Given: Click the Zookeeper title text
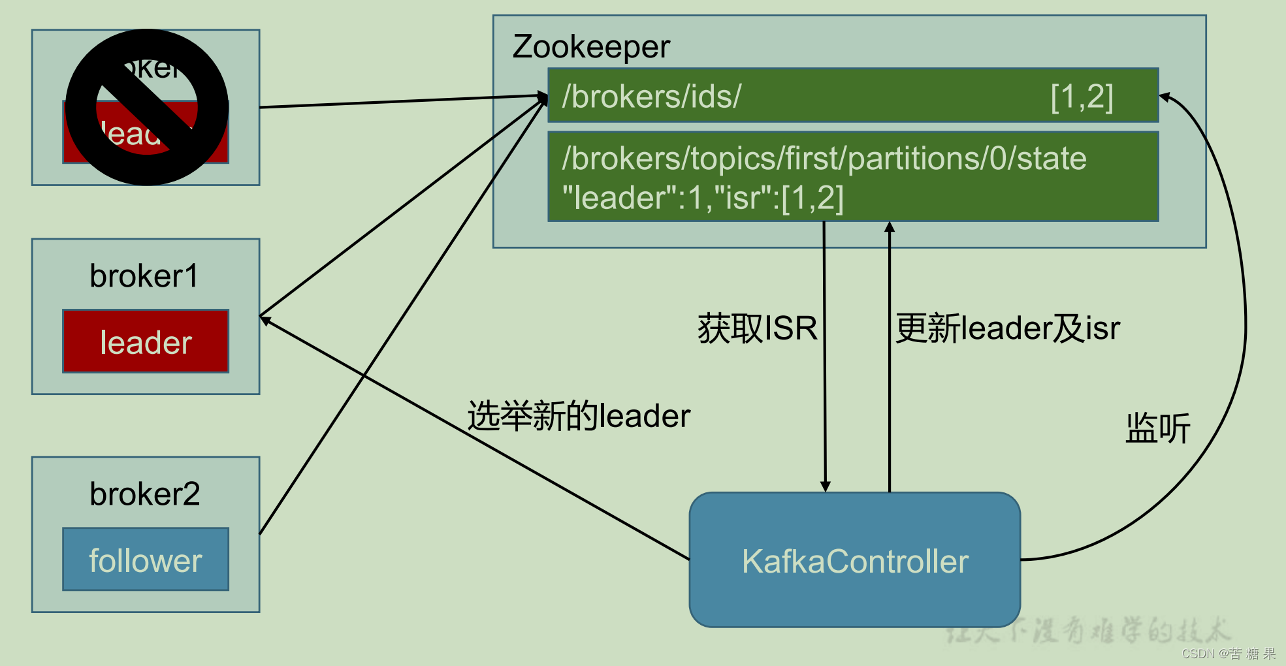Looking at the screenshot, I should [x=591, y=47].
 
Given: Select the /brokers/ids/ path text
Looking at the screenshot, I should [x=652, y=97].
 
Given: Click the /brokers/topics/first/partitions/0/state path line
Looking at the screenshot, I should [x=824, y=159].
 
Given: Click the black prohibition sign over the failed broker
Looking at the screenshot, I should [x=147, y=107].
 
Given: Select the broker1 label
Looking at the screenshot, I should [x=144, y=276].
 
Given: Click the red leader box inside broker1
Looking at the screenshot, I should [x=146, y=341].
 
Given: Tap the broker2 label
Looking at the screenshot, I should [x=145, y=494].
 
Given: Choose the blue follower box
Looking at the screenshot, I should [x=146, y=560].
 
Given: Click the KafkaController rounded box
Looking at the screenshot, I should [x=854, y=560].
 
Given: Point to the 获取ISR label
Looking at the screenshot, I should [x=758, y=328].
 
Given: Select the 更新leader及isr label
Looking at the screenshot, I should [x=1007, y=328].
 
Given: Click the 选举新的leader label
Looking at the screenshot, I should [x=579, y=416].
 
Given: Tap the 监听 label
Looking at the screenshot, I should [x=1157, y=429].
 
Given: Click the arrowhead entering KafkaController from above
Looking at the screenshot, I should [x=826, y=486].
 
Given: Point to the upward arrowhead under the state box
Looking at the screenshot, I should [x=890, y=227].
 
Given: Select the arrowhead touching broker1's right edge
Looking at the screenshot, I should [x=265, y=319].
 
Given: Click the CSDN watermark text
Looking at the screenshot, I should [x=1228, y=654].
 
